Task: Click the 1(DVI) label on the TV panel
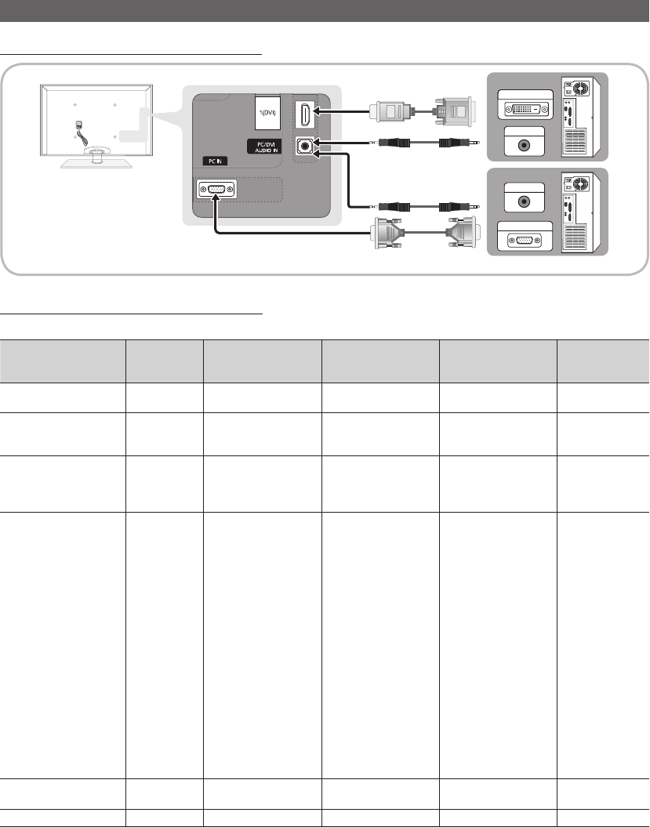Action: click(268, 112)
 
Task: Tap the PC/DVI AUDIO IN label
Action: click(264, 147)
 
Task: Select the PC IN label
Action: click(215, 161)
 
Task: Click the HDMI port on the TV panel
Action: click(304, 114)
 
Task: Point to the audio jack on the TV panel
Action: click(305, 146)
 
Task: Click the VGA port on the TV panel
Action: click(216, 190)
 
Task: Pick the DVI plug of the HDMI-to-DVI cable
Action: click(454, 111)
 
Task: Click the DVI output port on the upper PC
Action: click(525, 110)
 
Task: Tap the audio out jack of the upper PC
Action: click(524, 145)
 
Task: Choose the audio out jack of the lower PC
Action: click(524, 201)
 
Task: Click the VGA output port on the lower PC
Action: click(525, 241)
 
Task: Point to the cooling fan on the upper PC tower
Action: click(580, 88)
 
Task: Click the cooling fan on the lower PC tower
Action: click(580, 184)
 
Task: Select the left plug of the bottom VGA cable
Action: click(389, 233)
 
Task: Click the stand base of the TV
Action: click(96, 161)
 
